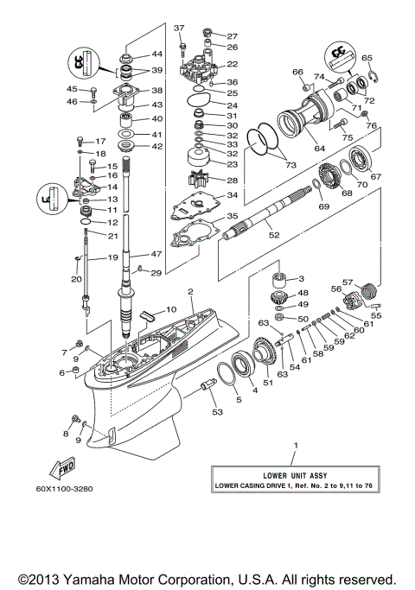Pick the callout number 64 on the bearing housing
(x=320, y=149)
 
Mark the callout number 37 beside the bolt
(x=180, y=28)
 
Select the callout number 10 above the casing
(x=170, y=308)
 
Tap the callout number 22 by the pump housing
(x=233, y=64)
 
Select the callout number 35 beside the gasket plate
(x=232, y=216)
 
